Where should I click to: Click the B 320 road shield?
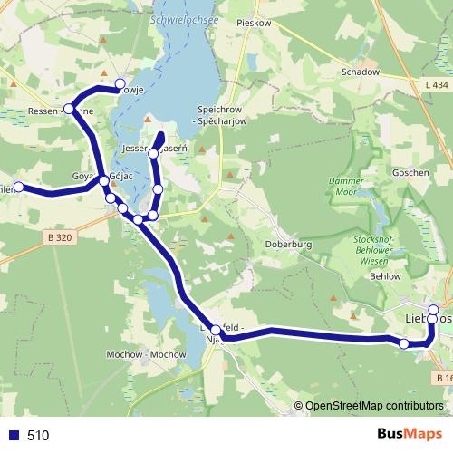[x=58, y=237]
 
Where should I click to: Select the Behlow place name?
[x=385, y=275]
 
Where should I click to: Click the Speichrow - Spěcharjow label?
[x=223, y=114]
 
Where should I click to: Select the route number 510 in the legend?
[x=38, y=435]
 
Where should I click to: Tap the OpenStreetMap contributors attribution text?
[x=372, y=407]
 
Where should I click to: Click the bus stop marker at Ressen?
[x=68, y=109]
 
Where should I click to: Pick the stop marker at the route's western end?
[x=17, y=188]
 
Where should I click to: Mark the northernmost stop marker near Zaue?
[x=120, y=84]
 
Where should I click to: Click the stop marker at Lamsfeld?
[x=215, y=330]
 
